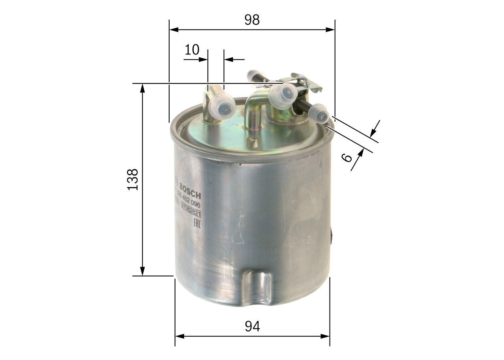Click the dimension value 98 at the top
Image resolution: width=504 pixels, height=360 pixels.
tap(252, 20)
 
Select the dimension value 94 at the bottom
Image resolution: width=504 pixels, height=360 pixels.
tap(252, 326)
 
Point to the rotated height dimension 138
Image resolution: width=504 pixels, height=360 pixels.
tap(133, 180)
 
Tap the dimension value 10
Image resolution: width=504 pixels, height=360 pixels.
tap(192, 50)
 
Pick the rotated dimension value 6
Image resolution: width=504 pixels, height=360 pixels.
tap(346, 158)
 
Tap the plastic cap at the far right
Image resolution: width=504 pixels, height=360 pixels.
tap(319, 114)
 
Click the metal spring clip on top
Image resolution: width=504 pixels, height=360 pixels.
tap(307, 82)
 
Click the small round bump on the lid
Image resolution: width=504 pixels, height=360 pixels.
tap(252, 142)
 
